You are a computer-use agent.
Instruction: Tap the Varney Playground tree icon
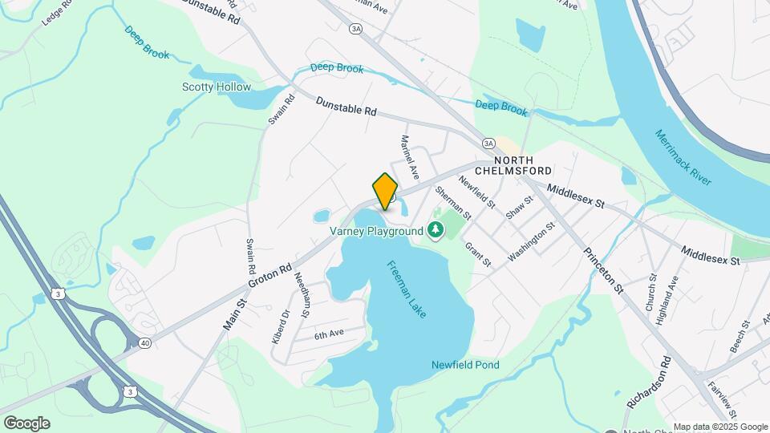pyautogui.click(x=436, y=232)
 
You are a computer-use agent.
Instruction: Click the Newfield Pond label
pyautogui.click(x=465, y=366)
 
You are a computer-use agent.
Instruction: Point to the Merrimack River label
pyautogui.click(x=683, y=157)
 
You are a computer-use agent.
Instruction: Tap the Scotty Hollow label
pyautogui.click(x=217, y=87)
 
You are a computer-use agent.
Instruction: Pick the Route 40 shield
pyautogui.click(x=144, y=342)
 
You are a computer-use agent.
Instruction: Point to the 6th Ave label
pyautogui.click(x=329, y=334)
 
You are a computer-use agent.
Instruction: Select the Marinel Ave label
pyautogui.click(x=410, y=156)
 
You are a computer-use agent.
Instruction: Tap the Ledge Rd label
pyautogui.click(x=56, y=12)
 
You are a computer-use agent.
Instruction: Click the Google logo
pyautogui.click(x=26, y=423)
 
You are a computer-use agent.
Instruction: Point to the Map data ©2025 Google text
pyautogui.click(x=720, y=427)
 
